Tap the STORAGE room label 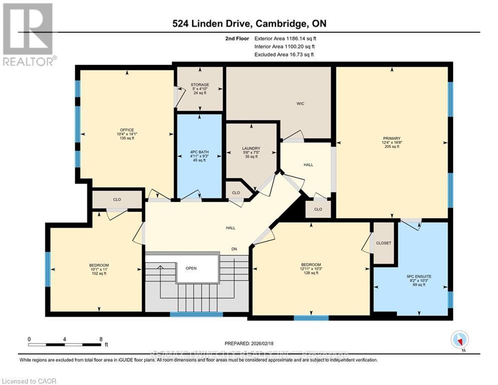(199, 85)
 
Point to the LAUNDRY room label (251, 148)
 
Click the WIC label (300, 104)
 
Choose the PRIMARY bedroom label (392, 138)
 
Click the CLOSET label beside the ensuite (383, 243)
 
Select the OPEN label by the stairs (191, 268)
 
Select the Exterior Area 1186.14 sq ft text (285, 38)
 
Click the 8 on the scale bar (101, 339)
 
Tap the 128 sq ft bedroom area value (311, 273)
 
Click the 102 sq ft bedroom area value (99, 273)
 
